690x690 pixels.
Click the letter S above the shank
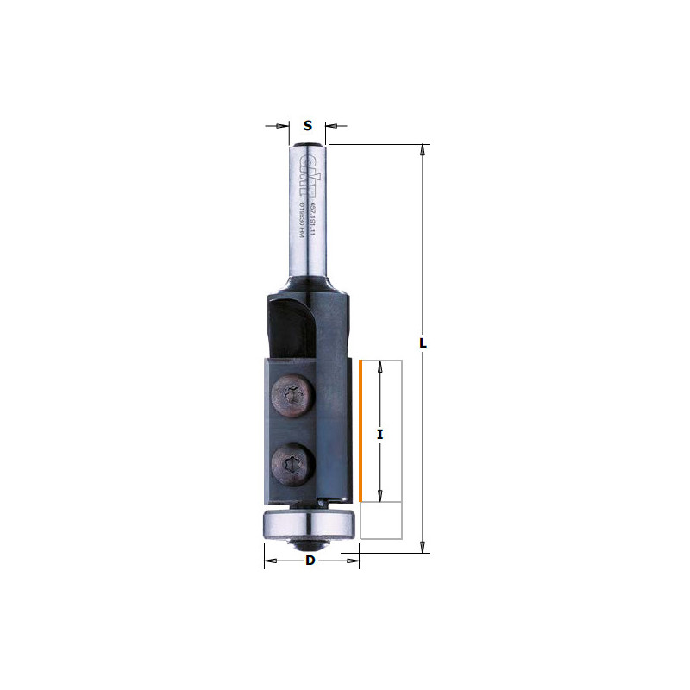pos(308,126)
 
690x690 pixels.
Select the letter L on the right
pos(423,342)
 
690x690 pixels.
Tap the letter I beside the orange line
pos(380,435)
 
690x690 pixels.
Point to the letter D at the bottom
pos(310,561)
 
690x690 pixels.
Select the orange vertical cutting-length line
pos(360,431)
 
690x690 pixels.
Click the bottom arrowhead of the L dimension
pos(423,546)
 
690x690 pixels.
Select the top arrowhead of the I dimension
pos(380,367)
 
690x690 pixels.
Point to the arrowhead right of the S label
pos(330,126)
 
